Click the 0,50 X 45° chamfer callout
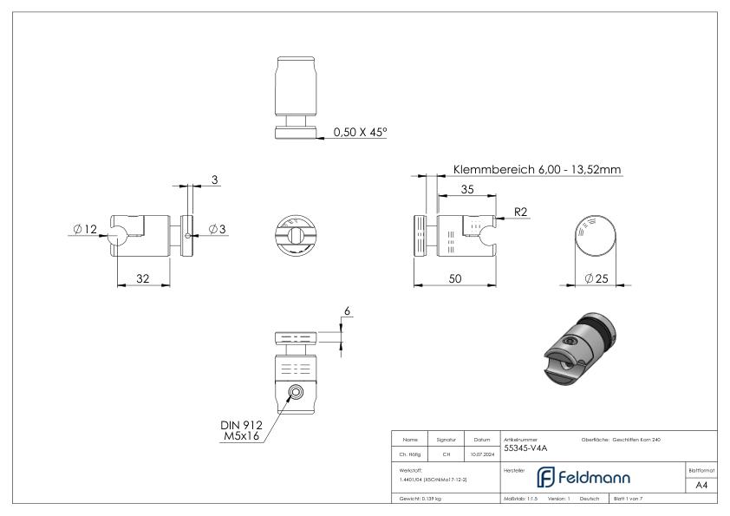point(360,133)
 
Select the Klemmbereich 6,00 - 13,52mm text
point(537,170)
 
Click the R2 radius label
point(520,211)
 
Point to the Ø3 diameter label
point(216,230)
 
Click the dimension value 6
point(348,311)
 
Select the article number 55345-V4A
point(525,448)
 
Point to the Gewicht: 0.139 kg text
point(420,500)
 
